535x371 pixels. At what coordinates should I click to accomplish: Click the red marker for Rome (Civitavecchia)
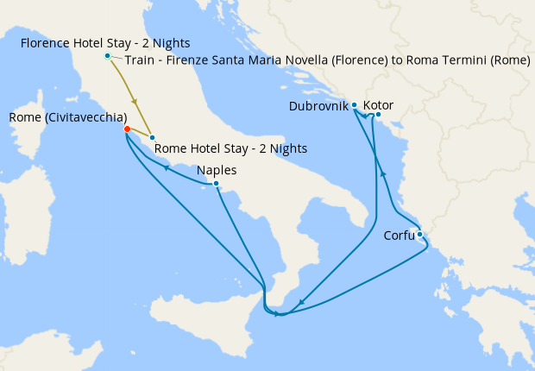pos(127,129)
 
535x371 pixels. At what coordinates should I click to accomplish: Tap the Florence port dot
pos(107,56)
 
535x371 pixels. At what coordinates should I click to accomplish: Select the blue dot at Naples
pos(216,183)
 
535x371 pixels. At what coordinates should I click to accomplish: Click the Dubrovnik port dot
pos(355,105)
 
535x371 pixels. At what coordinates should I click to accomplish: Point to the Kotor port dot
pos(378,114)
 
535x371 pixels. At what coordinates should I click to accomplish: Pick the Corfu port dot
pos(419,234)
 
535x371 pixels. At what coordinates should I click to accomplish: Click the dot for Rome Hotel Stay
pos(152,138)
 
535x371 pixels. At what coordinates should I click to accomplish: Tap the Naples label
pos(217,170)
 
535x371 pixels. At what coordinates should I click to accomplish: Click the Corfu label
pos(399,235)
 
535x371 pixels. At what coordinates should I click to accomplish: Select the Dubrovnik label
pos(318,107)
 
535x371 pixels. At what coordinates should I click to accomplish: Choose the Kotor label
pos(379,105)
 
